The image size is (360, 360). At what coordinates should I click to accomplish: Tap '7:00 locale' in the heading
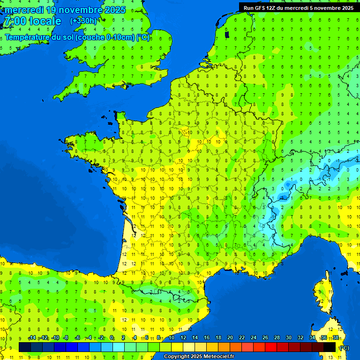pyautogui.click(x=32, y=21)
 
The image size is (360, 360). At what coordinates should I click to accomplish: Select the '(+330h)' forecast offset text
pyautogui.click(x=83, y=21)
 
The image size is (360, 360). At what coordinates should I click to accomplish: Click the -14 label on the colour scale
pyautogui.click(x=32, y=338)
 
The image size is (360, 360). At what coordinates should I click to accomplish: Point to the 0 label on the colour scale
pyautogui.click(x=112, y=338)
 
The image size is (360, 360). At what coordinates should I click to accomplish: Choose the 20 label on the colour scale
pyautogui.click(x=230, y=338)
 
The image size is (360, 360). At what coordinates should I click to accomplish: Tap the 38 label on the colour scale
pyautogui.click(x=335, y=338)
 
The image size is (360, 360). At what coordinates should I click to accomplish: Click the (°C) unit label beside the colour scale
pyautogui.click(x=344, y=347)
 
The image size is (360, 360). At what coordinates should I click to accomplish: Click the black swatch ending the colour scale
pyautogui.click(x=330, y=347)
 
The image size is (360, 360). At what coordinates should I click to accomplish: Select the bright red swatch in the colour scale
pyautogui.click(x=271, y=347)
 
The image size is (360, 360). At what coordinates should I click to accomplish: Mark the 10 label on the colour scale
pyautogui.click(x=171, y=338)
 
